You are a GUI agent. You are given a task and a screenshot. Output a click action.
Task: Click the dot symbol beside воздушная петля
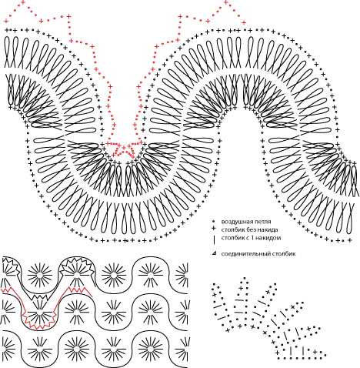[x=213, y=221]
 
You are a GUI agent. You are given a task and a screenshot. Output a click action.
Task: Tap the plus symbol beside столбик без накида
[x=213, y=229]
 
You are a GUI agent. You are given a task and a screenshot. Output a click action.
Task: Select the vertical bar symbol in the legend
[x=213, y=239]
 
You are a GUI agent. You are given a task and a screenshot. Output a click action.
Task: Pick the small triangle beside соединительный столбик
[x=213, y=253]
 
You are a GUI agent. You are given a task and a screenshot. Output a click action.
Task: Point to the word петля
[x=262, y=222]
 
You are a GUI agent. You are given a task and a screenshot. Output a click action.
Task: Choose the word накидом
[x=270, y=238]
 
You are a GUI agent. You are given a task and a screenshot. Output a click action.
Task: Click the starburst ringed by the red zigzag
[x=39, y=313]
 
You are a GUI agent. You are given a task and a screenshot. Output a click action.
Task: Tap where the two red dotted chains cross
[x=125, y=149]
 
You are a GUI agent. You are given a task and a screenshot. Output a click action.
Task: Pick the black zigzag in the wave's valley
[x=39, y=296]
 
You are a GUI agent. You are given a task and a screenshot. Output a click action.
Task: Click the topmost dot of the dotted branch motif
[x=245, y=278]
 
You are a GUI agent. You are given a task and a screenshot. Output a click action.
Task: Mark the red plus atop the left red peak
[x=22, y=2]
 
